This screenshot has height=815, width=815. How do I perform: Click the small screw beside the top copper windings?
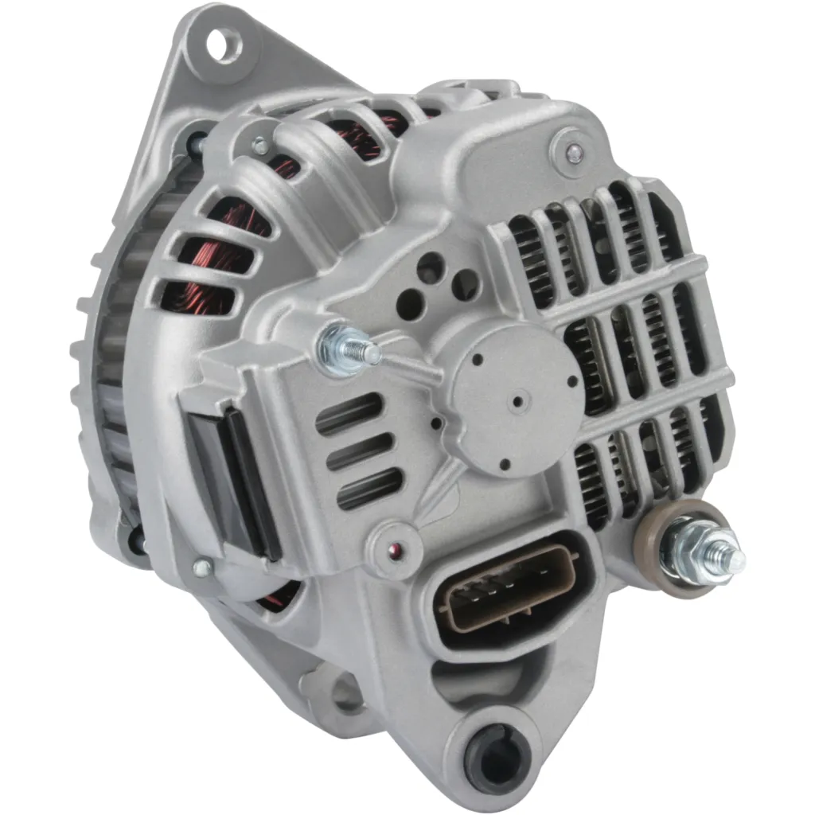click(x=258, y=146)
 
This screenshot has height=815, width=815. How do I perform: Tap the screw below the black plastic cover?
click(x=203, y=567)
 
